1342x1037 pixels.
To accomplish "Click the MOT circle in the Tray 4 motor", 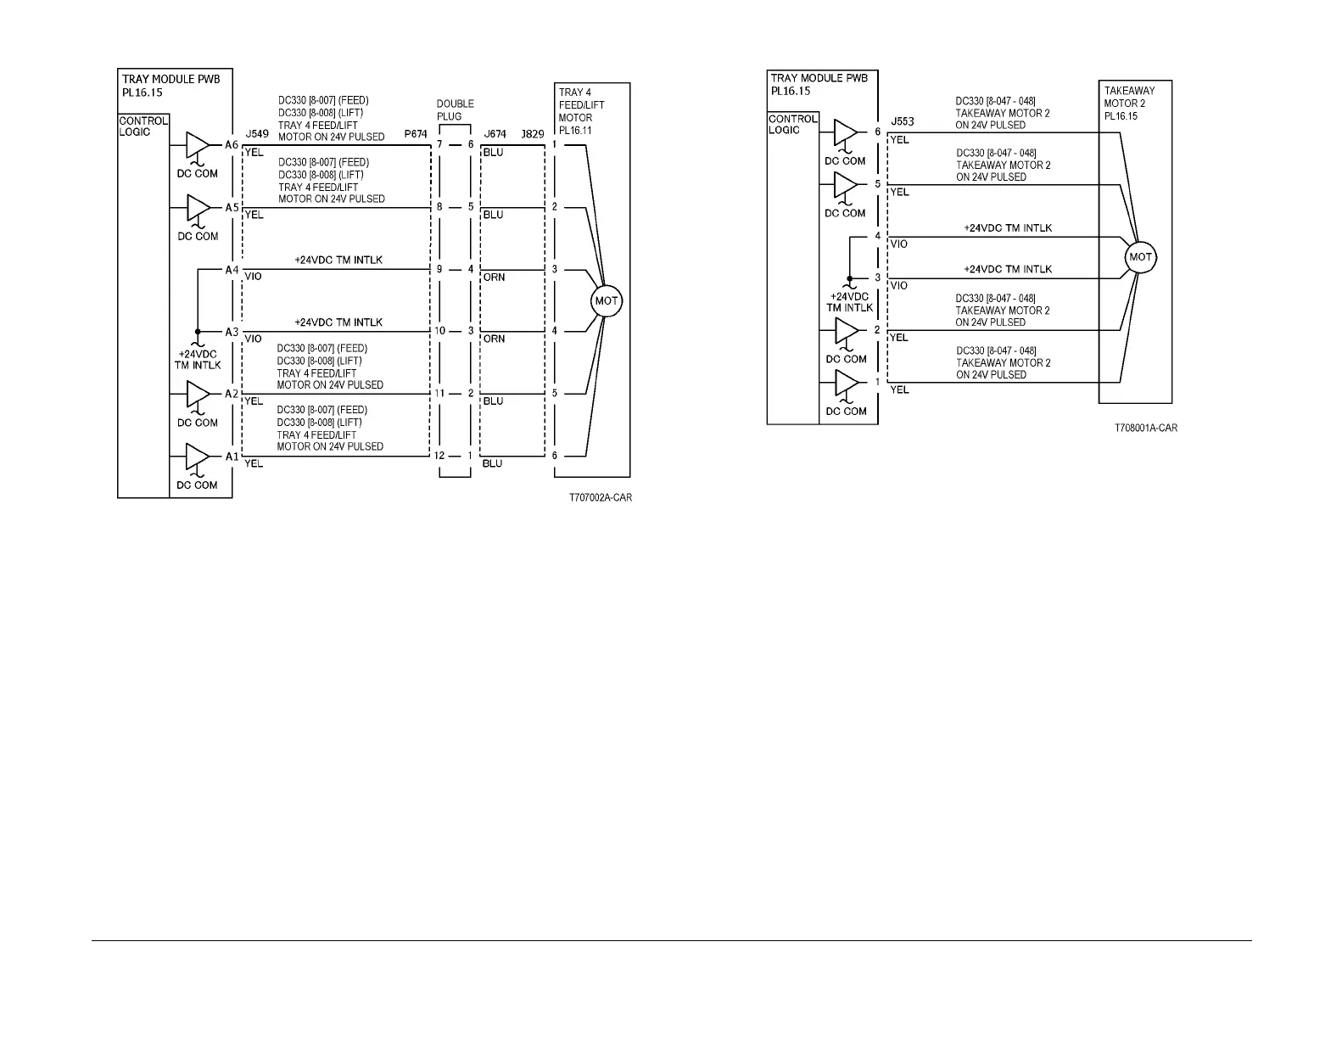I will pos(607,300).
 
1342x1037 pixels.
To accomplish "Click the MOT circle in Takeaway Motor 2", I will pos(1140,257).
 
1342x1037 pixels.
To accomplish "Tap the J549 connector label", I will pos(256,134).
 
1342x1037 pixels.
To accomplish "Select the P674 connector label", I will pos(416,134).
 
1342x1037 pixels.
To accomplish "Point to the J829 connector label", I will pos(533,134).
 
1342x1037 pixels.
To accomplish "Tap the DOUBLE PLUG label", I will pos(455,110).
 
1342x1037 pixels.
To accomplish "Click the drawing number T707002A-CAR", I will pos(600,497).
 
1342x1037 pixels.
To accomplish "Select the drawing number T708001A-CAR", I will pos(1145,429).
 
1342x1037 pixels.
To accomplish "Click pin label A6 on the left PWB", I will pos(232,145).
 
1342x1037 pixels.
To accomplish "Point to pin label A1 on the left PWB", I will pos(232,457).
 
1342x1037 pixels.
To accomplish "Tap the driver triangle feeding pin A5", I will pos(198,207).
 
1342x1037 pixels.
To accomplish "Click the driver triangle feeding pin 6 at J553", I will pos(846,132).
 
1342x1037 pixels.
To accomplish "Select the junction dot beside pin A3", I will pos(197,332).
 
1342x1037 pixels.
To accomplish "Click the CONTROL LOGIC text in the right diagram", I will pos(792,124).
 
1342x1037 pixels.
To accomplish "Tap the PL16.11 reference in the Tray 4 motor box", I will pos(575,131).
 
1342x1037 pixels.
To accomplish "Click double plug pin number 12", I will pos(439,456).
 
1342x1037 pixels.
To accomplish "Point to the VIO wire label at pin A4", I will pos(253,277).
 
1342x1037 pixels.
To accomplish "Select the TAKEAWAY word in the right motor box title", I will pos(1129,91).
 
